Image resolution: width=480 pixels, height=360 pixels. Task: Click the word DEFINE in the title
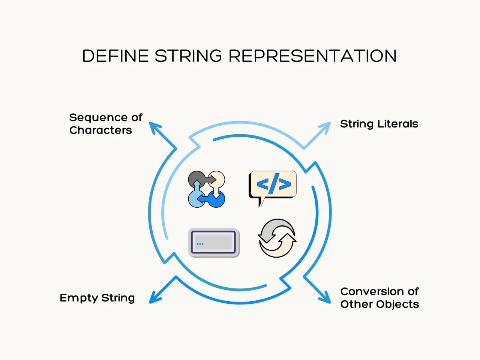(x=115, y=56)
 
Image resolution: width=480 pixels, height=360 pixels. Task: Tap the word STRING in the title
(x=188, y=56)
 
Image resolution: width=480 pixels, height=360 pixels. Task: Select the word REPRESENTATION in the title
(x=312, y=56)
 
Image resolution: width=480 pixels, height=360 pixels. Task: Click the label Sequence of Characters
(x=105, y=124)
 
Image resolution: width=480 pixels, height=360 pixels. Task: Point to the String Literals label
(x=379, y=124)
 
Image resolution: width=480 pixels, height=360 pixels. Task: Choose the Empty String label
(x=97, y=298)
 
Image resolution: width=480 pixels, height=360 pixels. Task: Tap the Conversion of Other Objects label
(x=379, y=298)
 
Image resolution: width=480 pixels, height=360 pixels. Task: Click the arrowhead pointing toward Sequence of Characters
(x=153, y=126)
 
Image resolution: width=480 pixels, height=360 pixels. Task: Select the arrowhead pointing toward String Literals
(x=326, y=126)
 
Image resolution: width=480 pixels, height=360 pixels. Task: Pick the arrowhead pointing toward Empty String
(x=154, y=299)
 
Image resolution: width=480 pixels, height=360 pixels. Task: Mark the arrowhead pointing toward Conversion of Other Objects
(x=326, y=298)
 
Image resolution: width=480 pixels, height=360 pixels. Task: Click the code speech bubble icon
(x=273, y=186)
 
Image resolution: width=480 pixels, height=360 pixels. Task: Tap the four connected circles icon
(x=206, y=189)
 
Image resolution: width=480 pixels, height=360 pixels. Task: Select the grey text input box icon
(x=214, y=242)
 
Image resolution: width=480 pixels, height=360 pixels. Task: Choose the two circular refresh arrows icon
(x=277, y=238)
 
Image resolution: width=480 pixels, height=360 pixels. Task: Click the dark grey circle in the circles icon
(x=195, y=178)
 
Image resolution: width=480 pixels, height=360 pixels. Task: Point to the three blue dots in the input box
(x=200, y=244)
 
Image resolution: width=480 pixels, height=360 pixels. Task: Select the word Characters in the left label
(x=100, y=130)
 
